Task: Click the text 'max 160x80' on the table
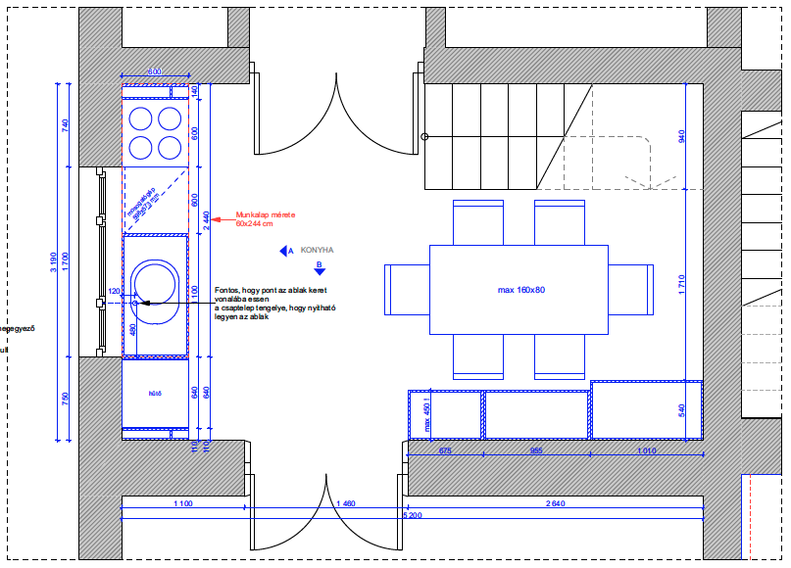[x=520, y=290]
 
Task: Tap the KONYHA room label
[x=318, y=251]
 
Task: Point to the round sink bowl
[x=154, y=283]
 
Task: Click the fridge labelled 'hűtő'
[x=155, y=394]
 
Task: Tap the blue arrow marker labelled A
[x=285, y=252]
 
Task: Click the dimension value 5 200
[x=413, y=514]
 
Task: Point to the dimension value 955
[x=536, y=451]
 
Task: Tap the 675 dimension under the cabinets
[x=444, y=451]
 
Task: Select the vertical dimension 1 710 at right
[x=682, y=286]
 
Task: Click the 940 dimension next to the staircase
[x=682, y=136]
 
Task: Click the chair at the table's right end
[x=631, y=290]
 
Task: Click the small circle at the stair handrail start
[x=424, y=137]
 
